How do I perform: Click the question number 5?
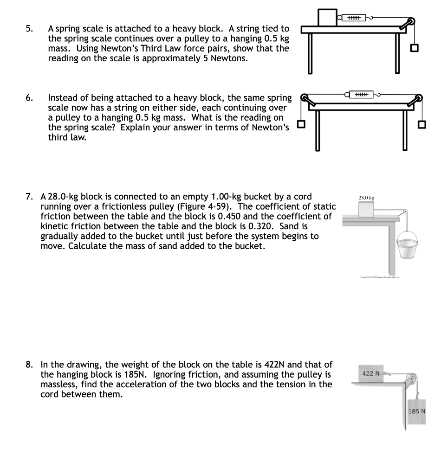(x=29, y=29)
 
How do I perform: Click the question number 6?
(x=29, y=98)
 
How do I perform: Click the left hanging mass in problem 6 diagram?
(x=302, y=124)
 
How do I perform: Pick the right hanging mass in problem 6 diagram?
(x=422, y=124)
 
